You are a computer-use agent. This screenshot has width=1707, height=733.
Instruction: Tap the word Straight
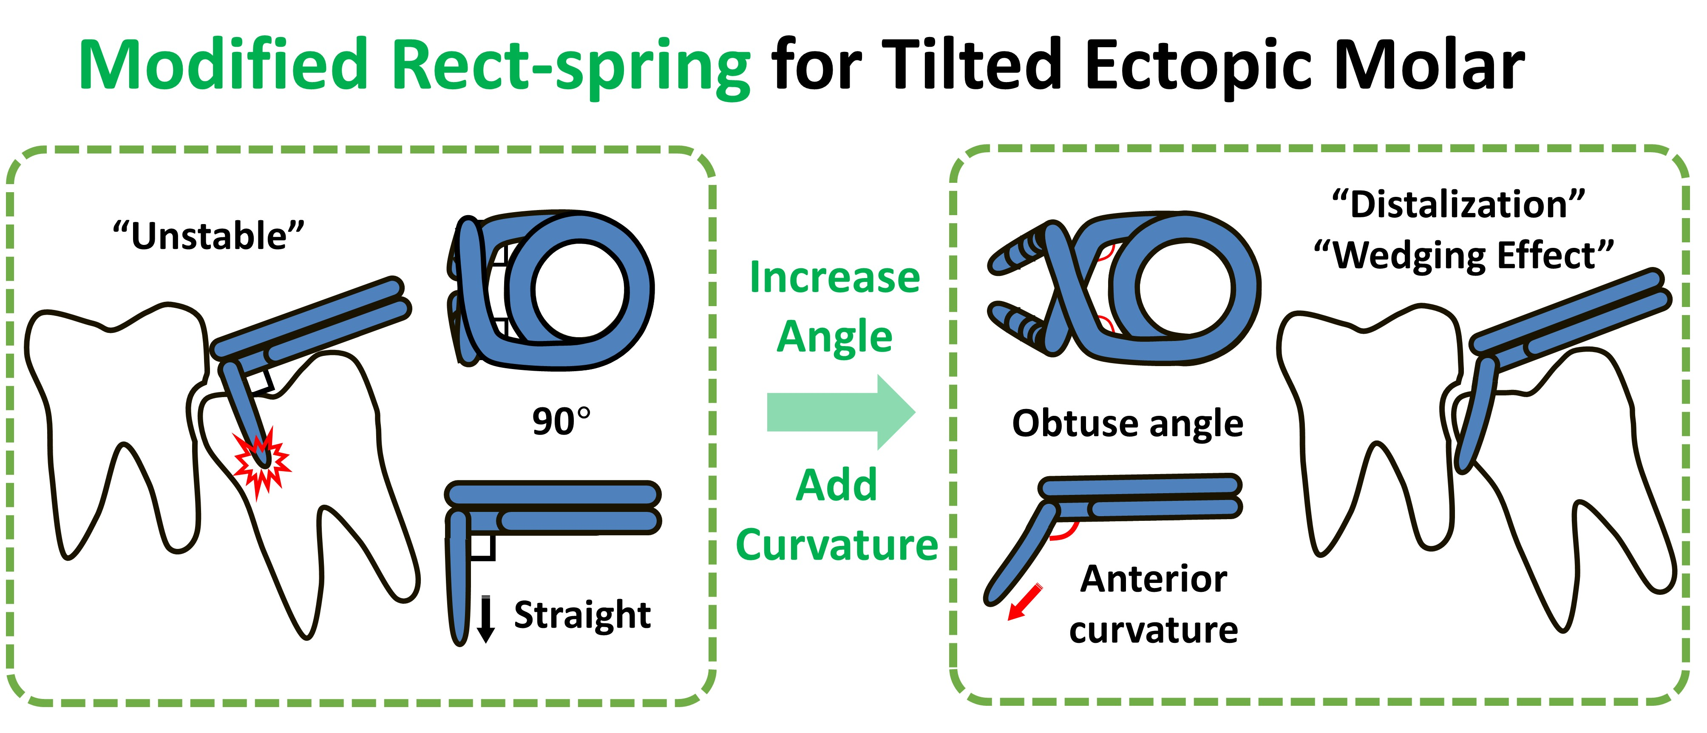point(582,615)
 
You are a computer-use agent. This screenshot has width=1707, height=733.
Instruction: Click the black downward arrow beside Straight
point(486,619)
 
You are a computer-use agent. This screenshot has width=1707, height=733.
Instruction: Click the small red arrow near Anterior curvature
point(1024,602)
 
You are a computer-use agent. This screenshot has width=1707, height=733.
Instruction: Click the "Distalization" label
point(1458,204)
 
